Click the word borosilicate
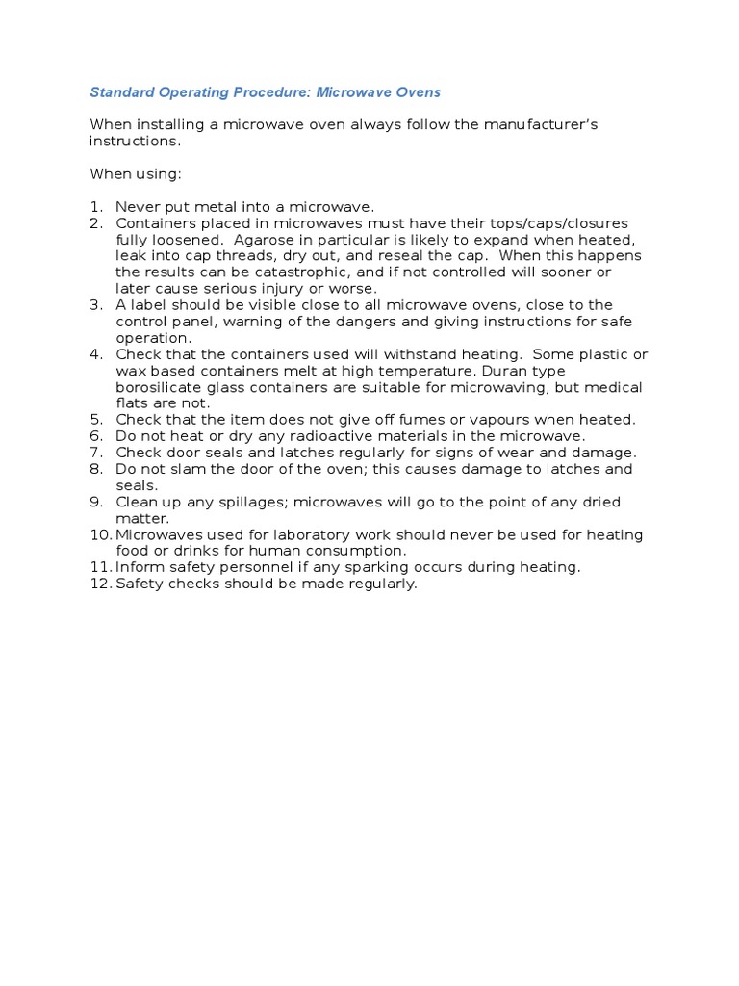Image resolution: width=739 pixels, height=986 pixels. click(x=158, y=387)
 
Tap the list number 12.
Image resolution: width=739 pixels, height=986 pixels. click(x=100, y=584)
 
